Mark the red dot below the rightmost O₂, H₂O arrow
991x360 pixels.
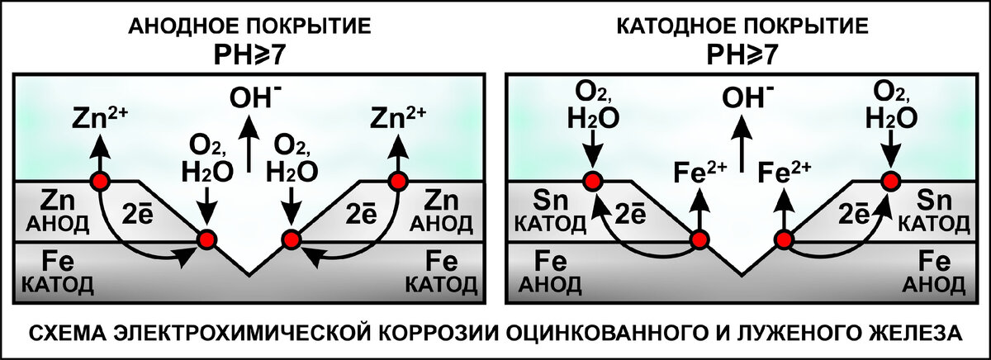(x=889, y=181)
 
